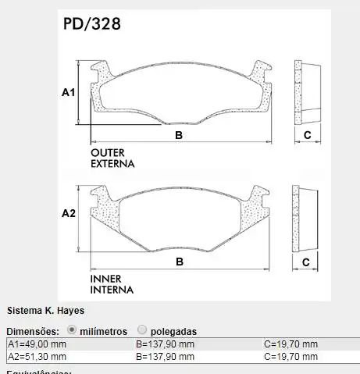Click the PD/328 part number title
click(91, 23)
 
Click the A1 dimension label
click(68, 93)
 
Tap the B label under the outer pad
click(179, 136)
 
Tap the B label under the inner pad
click(179, 262)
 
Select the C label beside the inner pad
click(307, 262)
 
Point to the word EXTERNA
click(112, 165)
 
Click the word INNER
click(105, 278)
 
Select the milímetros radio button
click(73, 330)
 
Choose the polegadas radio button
click(142, 330)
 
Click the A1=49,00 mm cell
click(37, 344)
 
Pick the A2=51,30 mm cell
click(37, 356)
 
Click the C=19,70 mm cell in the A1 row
click(290, 344)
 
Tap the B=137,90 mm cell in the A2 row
click(165, 356)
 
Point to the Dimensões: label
click(33, 331)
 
